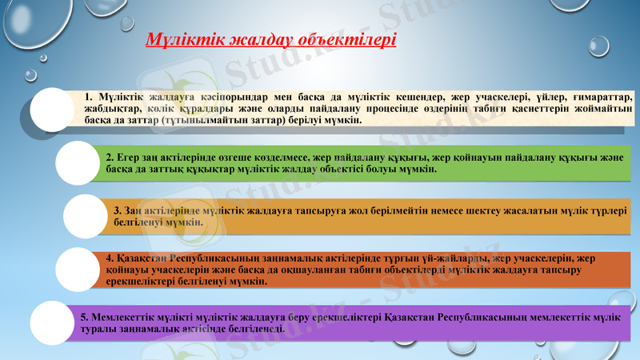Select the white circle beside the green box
(x=78, y=163)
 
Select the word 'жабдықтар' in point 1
(x=113, y=108)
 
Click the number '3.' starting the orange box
(x=118, y=210)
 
